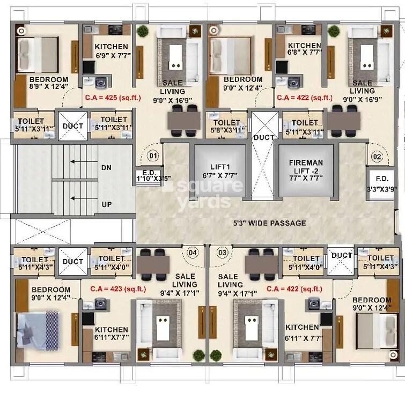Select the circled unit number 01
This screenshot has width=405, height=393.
153,157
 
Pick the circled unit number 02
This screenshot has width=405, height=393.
376,157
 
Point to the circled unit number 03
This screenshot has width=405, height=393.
222,252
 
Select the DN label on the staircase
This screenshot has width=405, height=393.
106,167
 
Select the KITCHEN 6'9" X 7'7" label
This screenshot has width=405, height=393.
111,50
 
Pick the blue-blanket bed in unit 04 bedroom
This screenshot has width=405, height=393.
38,328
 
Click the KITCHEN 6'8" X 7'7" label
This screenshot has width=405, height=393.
304,49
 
